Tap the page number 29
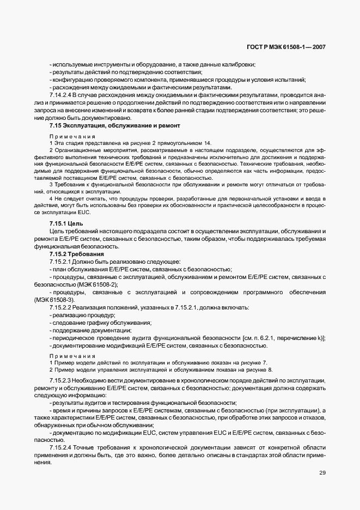click(322, 473)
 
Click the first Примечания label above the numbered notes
click(72, 136)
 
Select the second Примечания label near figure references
click(72, 354)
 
